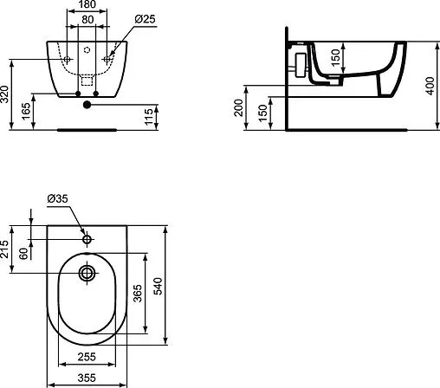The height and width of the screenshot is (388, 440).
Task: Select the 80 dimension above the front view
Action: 87,18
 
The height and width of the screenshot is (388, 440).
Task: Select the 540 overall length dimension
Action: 159,286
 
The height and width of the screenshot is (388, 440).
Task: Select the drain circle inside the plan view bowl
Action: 87,274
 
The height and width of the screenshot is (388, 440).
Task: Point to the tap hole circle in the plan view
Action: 87,239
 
